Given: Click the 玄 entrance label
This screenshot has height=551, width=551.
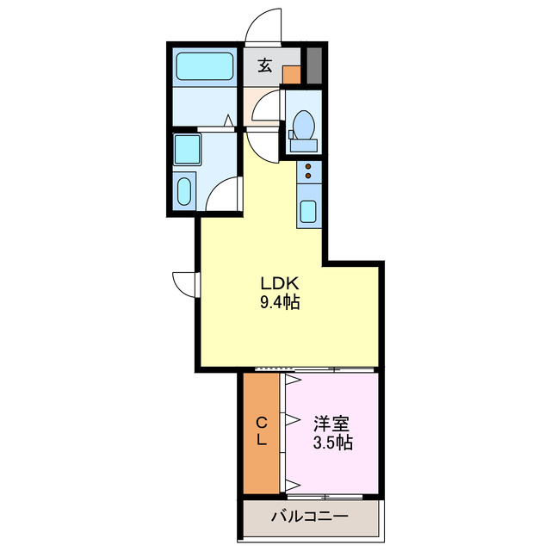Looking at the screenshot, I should [x=266, y=65].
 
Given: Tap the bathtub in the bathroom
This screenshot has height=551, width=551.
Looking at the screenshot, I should [x=205, y=66].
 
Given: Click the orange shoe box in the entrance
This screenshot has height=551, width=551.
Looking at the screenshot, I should [x=293, y=75].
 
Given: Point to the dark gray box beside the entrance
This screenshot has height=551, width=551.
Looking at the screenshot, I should [x=313, y=65].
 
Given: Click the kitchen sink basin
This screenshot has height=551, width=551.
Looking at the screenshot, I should [x=308, y=210].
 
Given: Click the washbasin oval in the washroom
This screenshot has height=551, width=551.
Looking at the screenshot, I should [x=184, y=190].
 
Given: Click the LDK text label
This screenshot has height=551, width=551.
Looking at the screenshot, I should [x=280, y=283].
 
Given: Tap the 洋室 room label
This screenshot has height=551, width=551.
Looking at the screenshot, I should [x=331, y=424].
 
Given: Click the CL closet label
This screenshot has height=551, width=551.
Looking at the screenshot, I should [x=261, y=430].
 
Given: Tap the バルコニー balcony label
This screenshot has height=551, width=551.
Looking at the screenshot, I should [x=310, y=517].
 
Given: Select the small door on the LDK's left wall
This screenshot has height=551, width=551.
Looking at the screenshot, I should [x=185, y=282].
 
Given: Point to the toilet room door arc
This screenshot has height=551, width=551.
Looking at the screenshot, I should [x=265, y=110].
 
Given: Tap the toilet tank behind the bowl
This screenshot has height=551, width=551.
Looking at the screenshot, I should [x=303, y=145].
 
